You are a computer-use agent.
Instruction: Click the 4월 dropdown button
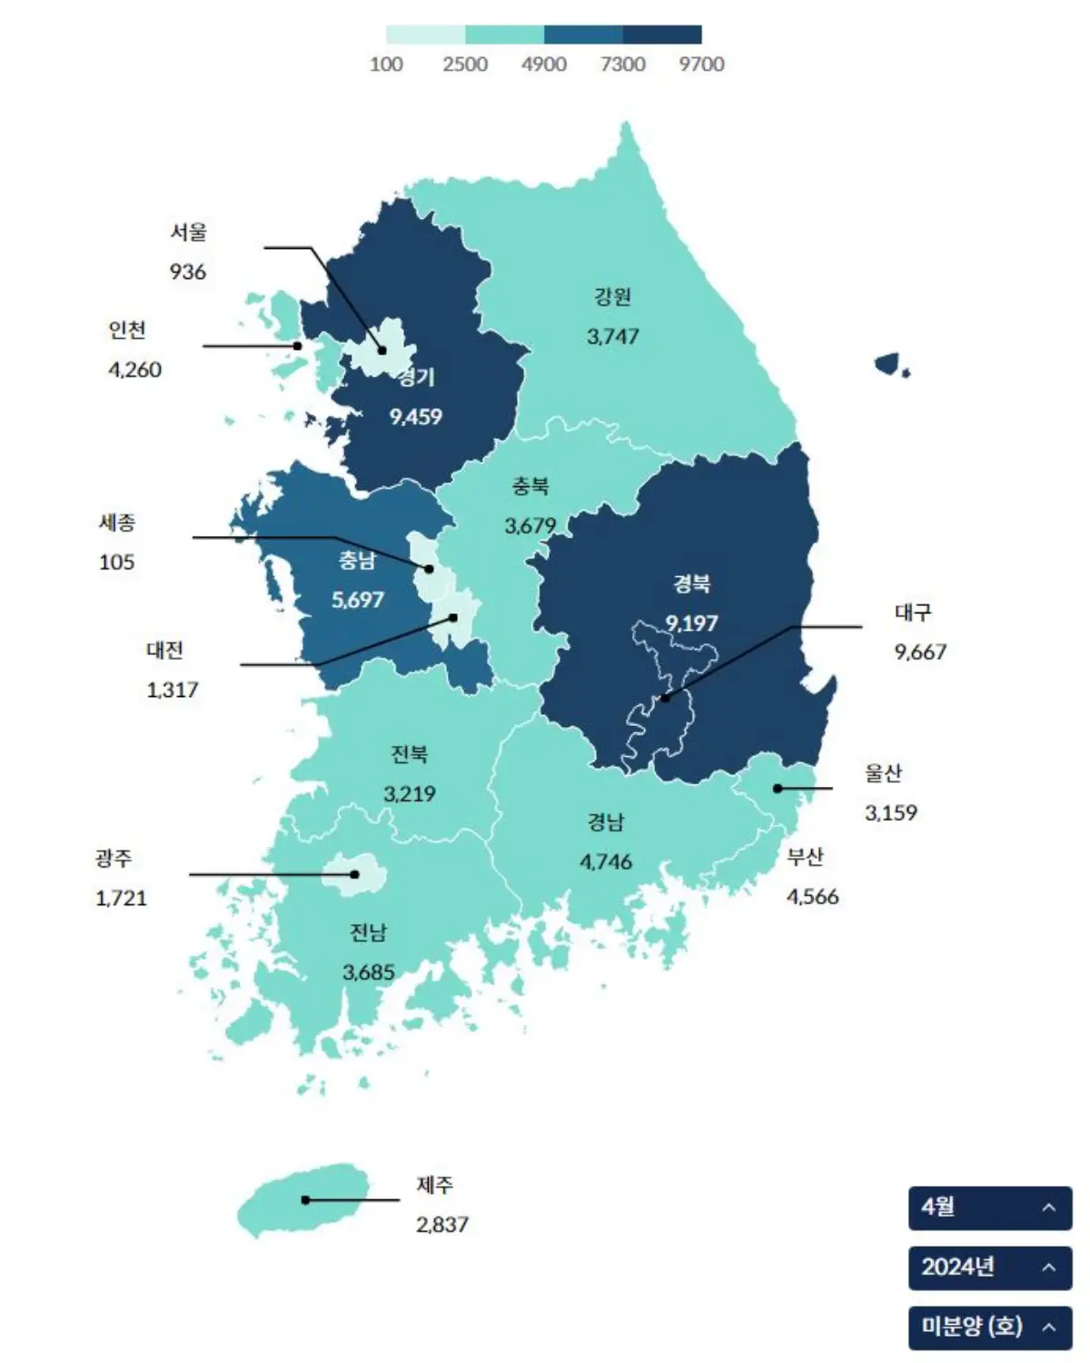989,1208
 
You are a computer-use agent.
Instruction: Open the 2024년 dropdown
989,1267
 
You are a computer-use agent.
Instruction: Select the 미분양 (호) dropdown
989,1327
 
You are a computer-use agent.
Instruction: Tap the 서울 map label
188,233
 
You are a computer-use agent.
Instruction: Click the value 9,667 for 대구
919,652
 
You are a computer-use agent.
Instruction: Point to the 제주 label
434,1185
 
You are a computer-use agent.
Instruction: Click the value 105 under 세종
116,562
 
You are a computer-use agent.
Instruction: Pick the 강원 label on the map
612,297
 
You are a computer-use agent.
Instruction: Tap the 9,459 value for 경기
415,417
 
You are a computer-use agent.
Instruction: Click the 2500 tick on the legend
465,65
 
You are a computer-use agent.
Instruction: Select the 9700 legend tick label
701,65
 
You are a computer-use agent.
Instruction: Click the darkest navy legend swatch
661,35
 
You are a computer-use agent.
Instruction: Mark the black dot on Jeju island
306,1200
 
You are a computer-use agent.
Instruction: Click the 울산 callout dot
778,789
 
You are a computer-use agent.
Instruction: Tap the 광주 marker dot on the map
355,874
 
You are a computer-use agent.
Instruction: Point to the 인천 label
127,330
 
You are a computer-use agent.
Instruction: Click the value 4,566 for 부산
812,897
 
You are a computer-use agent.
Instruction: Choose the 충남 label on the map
357,561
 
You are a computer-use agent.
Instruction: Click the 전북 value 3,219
409,794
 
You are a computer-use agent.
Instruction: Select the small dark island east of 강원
887,364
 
